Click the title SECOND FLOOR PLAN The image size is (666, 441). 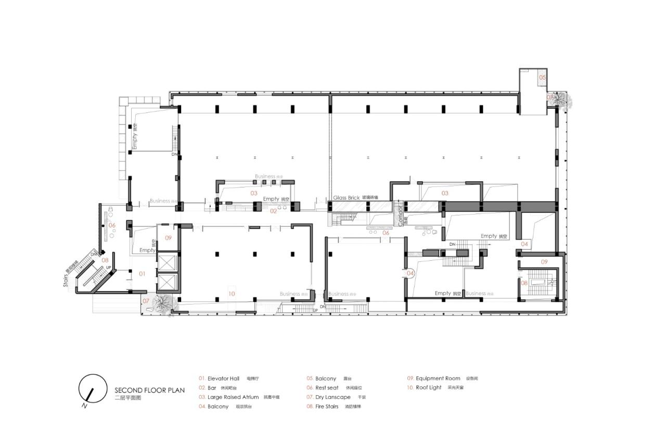click(147, 390)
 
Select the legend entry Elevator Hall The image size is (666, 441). click(223, 379)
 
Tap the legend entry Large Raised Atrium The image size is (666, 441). click(233, 397)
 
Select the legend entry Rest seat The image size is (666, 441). click(327, 388)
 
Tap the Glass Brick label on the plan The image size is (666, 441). click(347, 198)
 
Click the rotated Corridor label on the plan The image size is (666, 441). click(400, 215)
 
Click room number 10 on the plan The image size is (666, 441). click(232, 294)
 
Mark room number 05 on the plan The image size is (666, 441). click(542, 78)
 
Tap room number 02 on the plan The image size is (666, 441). click(273, 211)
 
